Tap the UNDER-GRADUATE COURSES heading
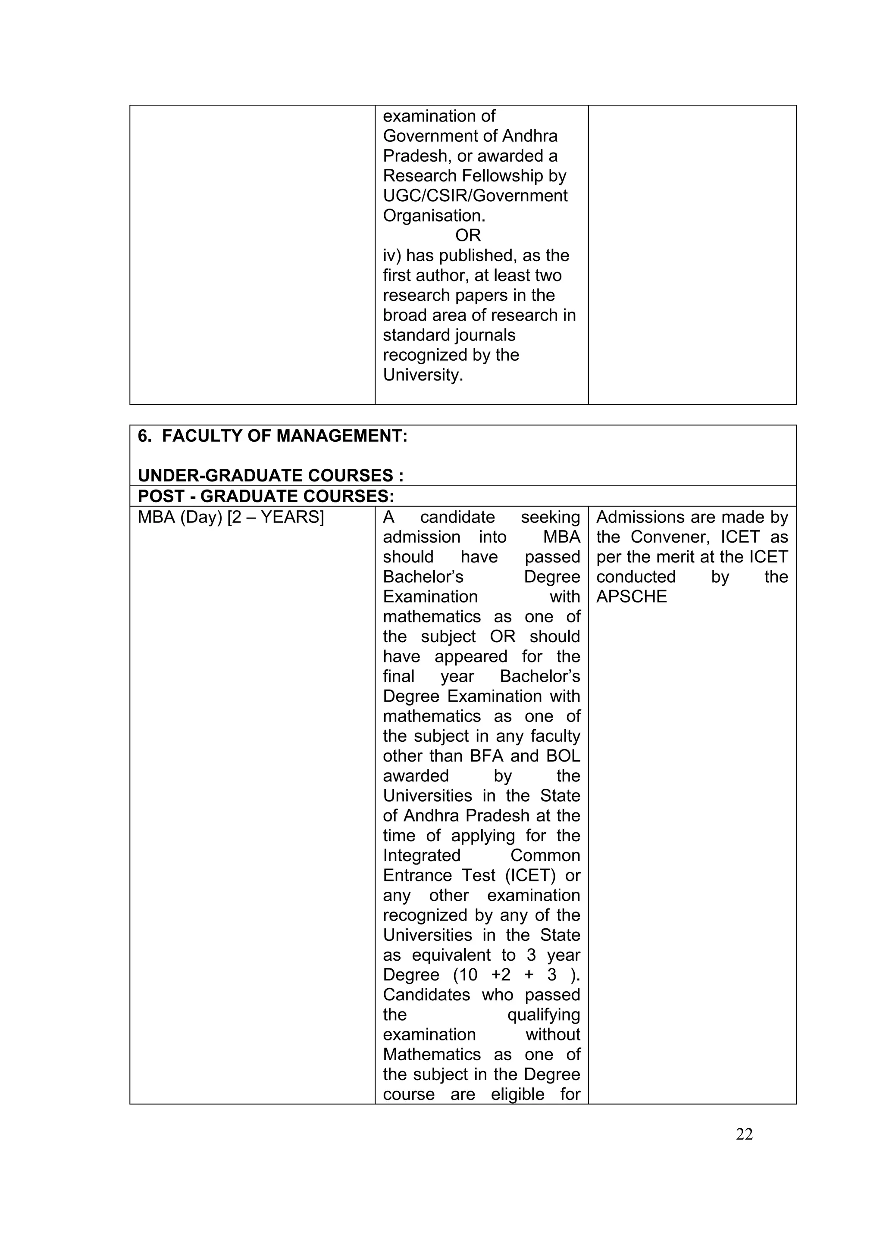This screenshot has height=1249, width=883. pyautogui.click(x=270, y=476)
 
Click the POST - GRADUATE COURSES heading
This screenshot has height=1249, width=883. pyautogui.click(x=266, y=496)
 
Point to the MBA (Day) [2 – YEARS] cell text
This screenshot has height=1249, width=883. pyautogui.click(x=231, y=517)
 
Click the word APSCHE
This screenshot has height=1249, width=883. pyautogui.click(x=631, y=597)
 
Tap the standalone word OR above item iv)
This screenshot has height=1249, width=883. pyautogui.click(x=468, y=236)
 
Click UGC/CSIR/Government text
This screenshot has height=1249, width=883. pyautogui.click(x=475, y=196)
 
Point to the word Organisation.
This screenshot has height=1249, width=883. pyautogui.click(x=434, y=216)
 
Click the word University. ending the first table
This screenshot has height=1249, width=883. pyautogui.click(x=423, y=375)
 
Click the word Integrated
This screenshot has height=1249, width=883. pyautogui.click(x=422, y=855)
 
